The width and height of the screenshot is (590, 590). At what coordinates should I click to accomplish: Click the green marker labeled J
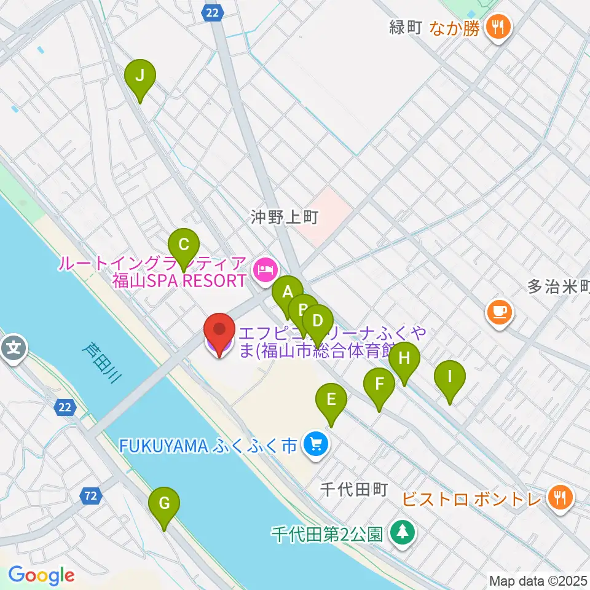point(140,77)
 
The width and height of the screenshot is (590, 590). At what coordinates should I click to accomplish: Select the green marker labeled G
point(164,504)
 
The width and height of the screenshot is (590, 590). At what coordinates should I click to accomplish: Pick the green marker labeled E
point(331,401)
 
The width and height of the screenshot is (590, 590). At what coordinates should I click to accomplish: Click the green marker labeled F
point(379,385)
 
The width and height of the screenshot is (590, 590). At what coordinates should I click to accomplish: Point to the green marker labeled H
point(404,359)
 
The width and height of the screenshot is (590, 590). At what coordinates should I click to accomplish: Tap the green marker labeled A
point(287,293)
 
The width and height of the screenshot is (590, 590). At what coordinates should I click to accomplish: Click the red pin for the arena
point(219,332)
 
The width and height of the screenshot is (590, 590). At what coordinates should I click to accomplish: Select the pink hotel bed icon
point(265,270)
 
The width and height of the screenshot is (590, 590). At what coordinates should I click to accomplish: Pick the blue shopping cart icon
point(316,444)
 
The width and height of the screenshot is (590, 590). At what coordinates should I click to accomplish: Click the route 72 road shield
point(91,495)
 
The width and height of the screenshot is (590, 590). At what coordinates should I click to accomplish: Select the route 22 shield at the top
point(213,12)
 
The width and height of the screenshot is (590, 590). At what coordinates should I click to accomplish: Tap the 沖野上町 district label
point(283,217)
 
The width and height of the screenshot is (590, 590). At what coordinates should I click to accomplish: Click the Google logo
point(41,575)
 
